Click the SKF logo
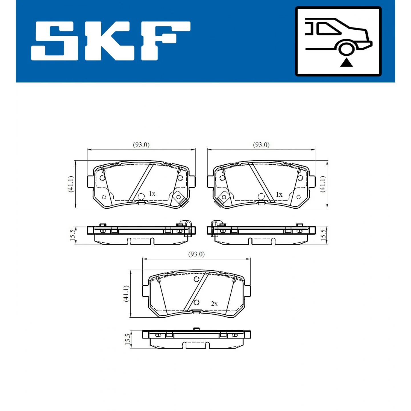(x=110, y=41)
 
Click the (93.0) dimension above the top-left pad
(x=141, y=145)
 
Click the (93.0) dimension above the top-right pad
(x=261, y=145)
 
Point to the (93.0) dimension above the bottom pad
(x=196, y=254)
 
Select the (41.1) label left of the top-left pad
(x=71, y=184)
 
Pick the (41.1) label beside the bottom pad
(x=126, y=293)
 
